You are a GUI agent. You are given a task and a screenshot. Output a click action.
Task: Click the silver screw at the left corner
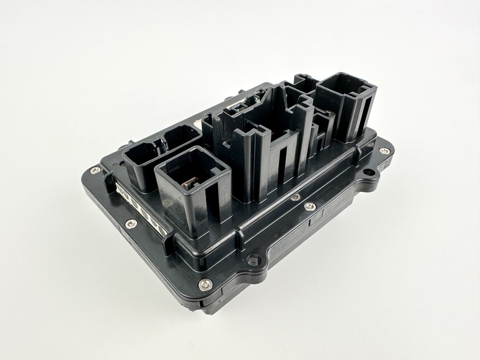[96, 170]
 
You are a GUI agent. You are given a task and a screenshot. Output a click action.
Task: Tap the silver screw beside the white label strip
[131, 223]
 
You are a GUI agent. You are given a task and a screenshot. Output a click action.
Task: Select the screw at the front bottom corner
[205, 283]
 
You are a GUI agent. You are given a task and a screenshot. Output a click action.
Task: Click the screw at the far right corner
[384, 151]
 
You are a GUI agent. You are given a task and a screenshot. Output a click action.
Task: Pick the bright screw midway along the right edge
[309, 206]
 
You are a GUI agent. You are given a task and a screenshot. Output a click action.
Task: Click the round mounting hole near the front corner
[254, 259]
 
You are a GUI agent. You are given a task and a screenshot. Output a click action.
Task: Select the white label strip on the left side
[141, 206]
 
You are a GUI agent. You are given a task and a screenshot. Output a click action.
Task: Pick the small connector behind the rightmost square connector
[305, 83]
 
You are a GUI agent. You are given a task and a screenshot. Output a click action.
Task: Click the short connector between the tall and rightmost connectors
[323, 127]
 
